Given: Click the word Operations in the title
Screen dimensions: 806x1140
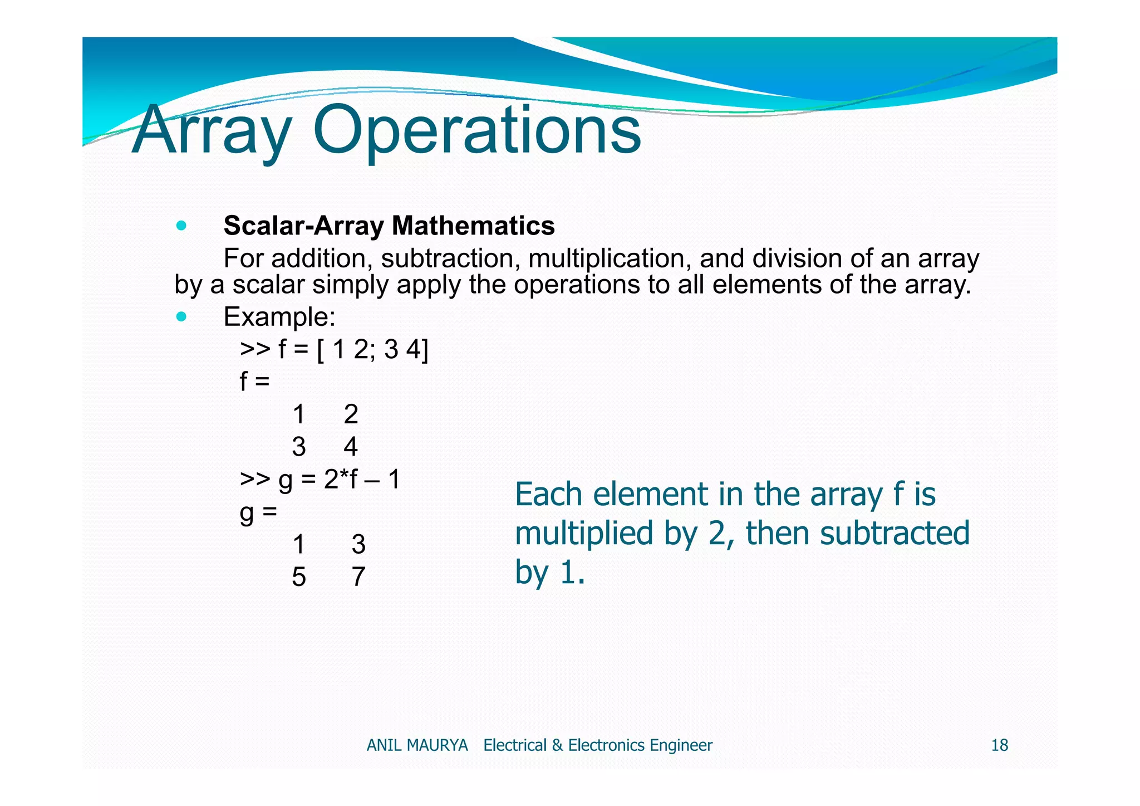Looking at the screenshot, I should coord(477,130).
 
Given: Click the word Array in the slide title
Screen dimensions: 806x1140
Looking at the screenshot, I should coord(212,130).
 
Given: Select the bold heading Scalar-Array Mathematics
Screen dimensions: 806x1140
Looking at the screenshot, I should coord(389,226).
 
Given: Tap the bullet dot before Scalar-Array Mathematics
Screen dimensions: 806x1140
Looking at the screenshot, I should coord(180,226).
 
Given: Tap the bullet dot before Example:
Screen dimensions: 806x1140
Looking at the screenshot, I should coord(180,317).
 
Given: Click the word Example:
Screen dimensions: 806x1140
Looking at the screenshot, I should coord(279,317).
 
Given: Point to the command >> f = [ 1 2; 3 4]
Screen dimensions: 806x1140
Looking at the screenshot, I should coord(334,350).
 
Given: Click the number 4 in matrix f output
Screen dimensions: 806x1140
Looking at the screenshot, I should coord(350,447).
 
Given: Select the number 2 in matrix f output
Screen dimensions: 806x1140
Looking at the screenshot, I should coord(350,414).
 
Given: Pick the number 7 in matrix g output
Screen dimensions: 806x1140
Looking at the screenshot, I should coord(358,577).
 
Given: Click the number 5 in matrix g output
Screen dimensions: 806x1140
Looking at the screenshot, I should coord(299,577).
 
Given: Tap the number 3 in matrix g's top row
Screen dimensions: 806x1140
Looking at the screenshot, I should coord(358,544).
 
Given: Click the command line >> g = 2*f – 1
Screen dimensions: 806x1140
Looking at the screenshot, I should coord(320,479).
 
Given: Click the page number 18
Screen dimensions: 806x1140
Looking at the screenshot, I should coord(999,745).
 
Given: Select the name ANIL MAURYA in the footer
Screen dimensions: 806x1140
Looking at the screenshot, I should coord(417,745).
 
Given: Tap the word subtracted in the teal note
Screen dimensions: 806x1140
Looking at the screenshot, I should coord(895,533).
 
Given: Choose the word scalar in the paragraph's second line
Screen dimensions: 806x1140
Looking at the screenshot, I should coord(268,285).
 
